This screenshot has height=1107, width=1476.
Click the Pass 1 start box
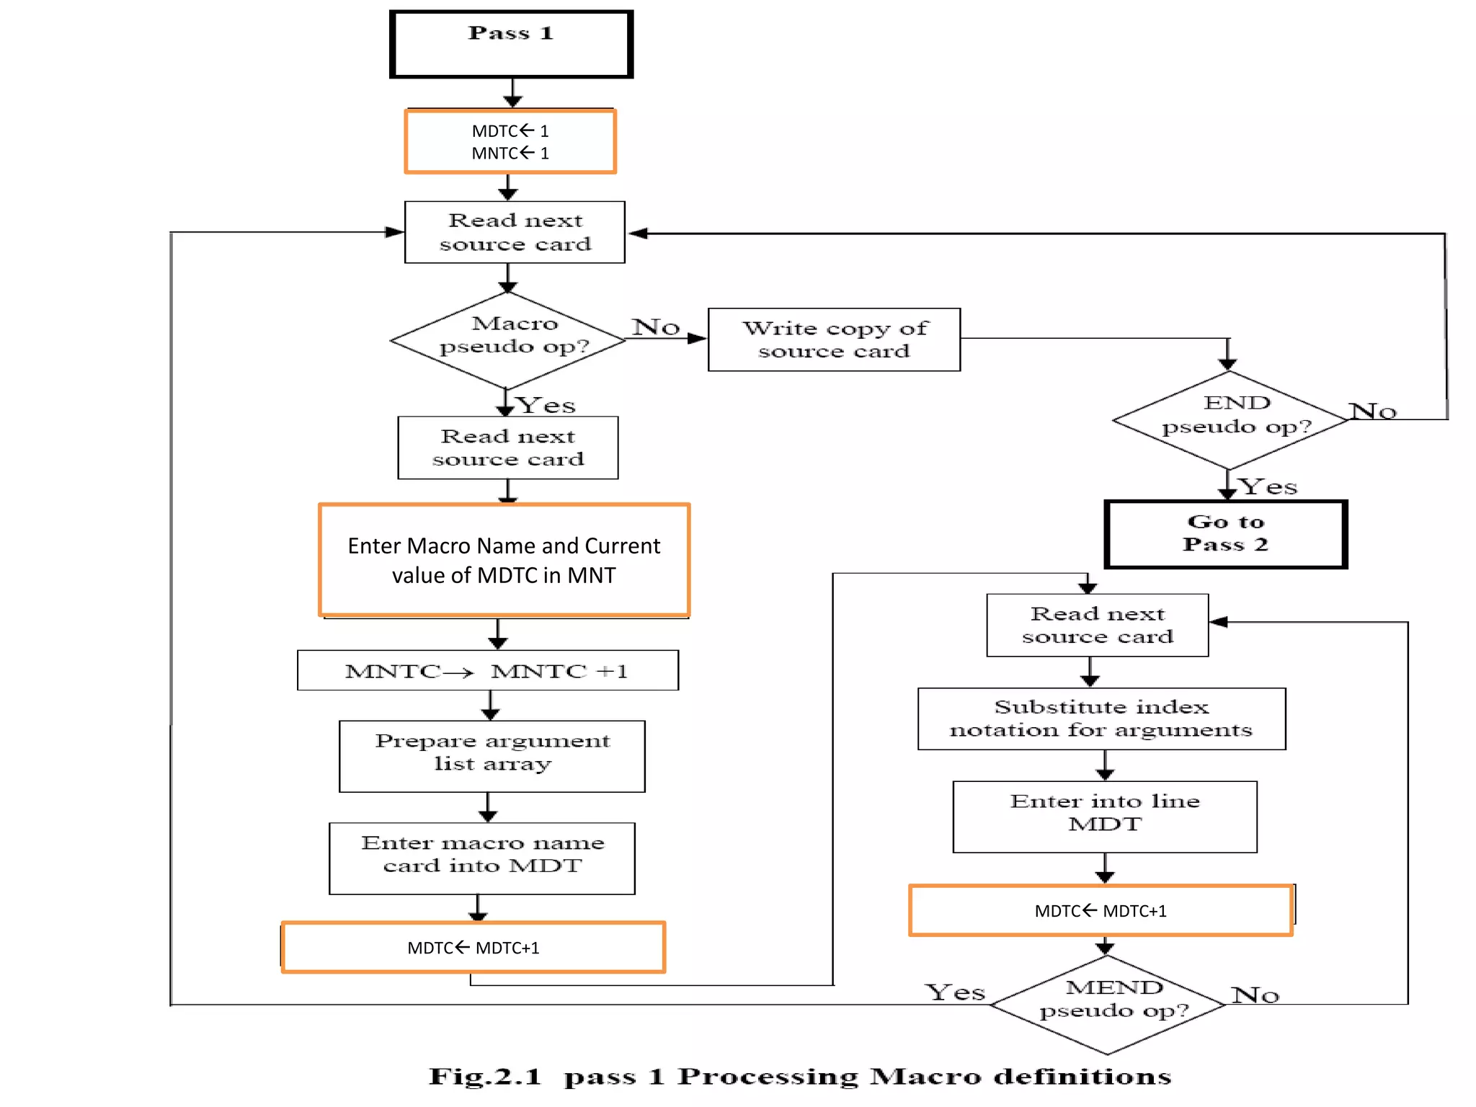511,44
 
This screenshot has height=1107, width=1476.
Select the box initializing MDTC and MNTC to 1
510,141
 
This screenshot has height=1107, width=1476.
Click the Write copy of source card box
834,339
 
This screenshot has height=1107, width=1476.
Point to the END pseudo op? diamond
1230,419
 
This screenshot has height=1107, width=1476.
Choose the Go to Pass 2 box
1225,534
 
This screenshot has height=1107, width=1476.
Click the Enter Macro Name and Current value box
504,560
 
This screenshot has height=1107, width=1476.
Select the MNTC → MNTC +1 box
487,671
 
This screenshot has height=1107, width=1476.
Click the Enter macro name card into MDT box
481,858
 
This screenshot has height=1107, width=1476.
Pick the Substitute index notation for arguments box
1101,719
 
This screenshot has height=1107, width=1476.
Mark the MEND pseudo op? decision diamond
1108,1004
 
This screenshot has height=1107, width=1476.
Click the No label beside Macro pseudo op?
656,326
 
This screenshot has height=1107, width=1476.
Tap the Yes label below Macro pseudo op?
547,405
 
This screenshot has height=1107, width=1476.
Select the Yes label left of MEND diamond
955,992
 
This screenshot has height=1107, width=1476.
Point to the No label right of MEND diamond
1255,995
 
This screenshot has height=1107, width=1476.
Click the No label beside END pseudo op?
1373,411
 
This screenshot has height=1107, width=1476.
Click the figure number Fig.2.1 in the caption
484,1077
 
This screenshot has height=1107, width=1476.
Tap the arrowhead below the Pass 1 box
512,102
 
